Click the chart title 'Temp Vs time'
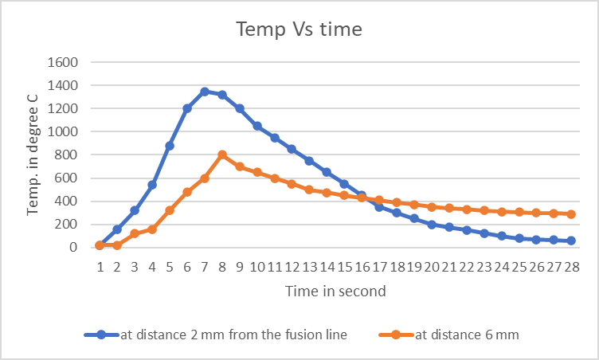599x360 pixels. pyautogui.click(x=299, y=29)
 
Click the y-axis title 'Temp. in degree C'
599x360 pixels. pyautogui.click(x=34, y=154)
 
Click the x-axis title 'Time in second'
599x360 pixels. pyautogui.click(x=335, y=291)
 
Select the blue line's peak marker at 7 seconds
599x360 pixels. pyautogui.click(x=205, y=92)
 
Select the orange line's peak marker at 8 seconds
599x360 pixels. pyautogui.click(x=222, y=155)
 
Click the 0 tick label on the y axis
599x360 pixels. pyautogui.click(x=72, y=247)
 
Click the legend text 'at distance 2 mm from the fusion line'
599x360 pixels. pyautogui.click(x=233, y=335)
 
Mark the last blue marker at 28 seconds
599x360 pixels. pyautogui.click(x=570, y=241)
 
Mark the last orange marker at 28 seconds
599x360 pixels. pyautogui.click(x=570, y=213)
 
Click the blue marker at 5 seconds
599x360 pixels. pyautogui.click(x=170, y=146)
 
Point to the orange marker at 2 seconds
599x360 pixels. pyautogui.click(x=117, y=245)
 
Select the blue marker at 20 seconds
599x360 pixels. pyautogui.click(x=431, y=225)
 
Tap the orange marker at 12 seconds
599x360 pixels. pyautogui.click(x=292, y=184)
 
